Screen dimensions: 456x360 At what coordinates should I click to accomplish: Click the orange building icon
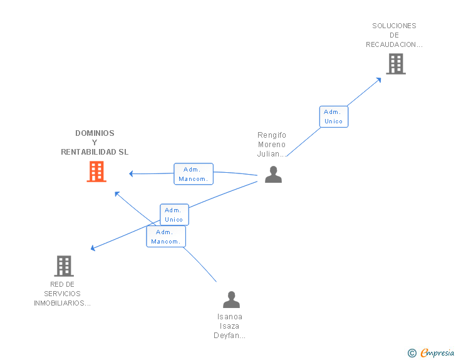tap(96, 172)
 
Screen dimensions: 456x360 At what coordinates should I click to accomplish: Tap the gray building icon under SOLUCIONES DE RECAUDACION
tap(396, 64)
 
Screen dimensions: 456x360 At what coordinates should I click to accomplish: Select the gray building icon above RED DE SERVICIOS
tap(64, 266)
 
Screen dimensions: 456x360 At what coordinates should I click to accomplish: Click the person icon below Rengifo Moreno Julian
tap(273, 174)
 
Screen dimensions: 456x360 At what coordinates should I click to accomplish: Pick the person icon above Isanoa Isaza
tap(232, 299)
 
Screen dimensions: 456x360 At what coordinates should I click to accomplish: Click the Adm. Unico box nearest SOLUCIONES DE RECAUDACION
tap(334, 116)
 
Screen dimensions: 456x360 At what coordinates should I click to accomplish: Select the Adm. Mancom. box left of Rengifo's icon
tap(194, 174)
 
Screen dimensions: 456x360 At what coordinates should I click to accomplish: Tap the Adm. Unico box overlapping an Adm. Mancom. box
tap(174, 215)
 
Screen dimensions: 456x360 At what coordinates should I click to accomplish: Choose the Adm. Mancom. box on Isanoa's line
tap(166, 237)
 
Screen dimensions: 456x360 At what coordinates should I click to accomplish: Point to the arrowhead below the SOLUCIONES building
tap(378, 80)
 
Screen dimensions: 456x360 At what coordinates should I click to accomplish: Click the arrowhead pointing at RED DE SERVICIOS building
tap(93, 248)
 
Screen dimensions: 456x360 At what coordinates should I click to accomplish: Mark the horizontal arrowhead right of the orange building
tap(131, 173)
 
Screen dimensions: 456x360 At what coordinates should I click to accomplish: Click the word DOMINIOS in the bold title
tap(95, 133)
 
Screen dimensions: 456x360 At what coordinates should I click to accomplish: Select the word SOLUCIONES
tap(394, 26)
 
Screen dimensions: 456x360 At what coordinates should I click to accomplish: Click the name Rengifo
tap(272, 135)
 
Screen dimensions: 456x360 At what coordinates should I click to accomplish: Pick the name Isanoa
tap(230, 317)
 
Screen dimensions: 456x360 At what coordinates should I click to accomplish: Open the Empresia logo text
tap(437, 353)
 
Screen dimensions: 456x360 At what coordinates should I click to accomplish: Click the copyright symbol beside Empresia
tap(412, 353)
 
